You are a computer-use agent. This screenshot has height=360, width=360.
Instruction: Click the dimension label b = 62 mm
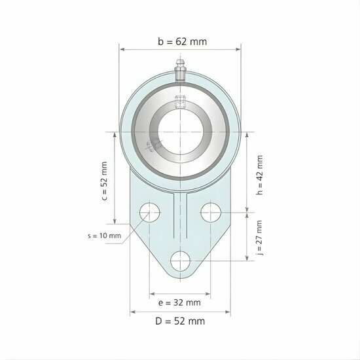coord(182,41)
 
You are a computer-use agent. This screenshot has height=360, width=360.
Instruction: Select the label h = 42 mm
coord(260,175)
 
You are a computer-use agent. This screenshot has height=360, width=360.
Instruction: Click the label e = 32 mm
coord(179,302)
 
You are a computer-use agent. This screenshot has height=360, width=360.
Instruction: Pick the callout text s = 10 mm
coord(104,236)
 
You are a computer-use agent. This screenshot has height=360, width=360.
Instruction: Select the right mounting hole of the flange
coord(211,212)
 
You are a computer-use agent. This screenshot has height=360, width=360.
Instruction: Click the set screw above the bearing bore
coord(180,102)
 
